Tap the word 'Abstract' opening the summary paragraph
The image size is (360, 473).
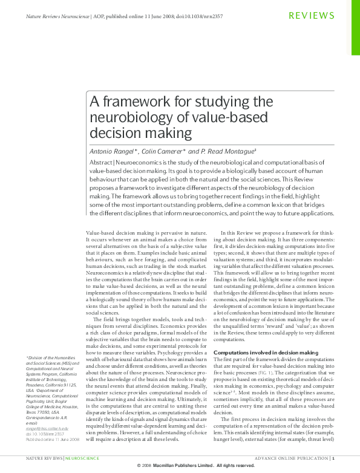point(100,163)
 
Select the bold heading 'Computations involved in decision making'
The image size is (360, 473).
point(266,352)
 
